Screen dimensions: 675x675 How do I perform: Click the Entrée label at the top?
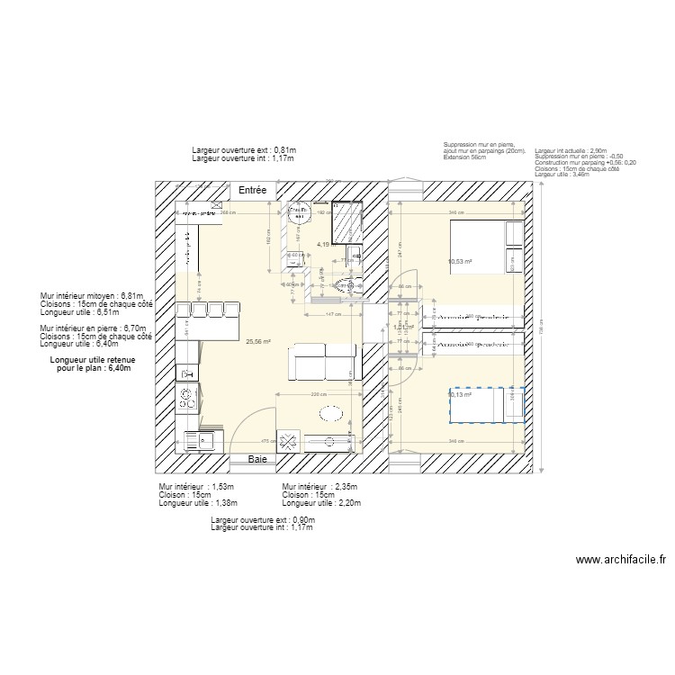click(x=253, y=191)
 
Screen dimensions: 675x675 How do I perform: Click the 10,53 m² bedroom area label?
click(x=460, y=263)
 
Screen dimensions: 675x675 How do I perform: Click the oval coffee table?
click(x=329, y=413)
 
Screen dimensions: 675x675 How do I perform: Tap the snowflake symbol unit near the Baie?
click(x=291, y=441)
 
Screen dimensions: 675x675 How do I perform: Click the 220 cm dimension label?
click(x=318, y=395)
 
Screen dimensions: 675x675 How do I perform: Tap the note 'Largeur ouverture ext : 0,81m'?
click(x=244, y=150)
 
